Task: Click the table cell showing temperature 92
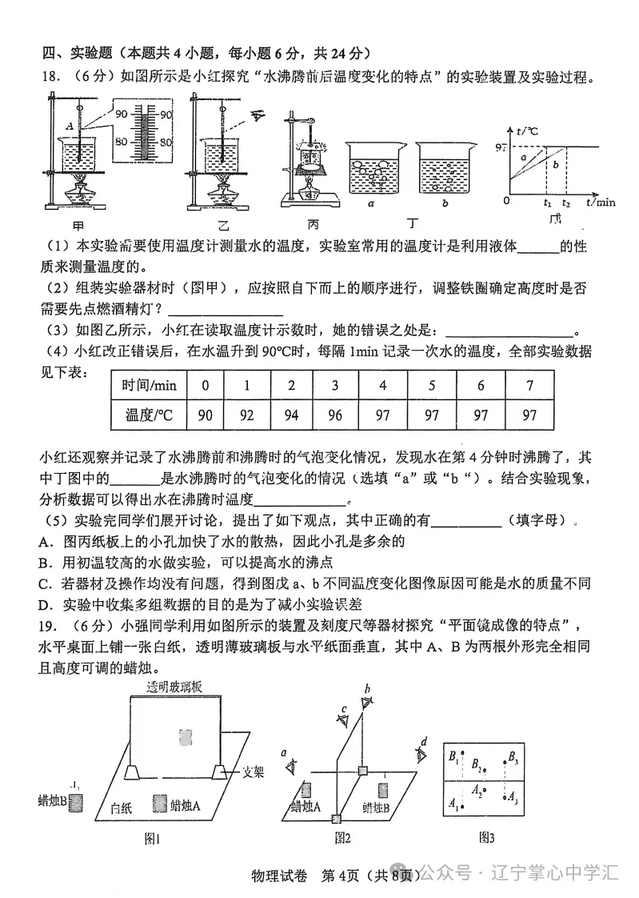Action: click(246, 415)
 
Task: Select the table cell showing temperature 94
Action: click(290, 415)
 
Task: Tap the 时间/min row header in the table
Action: click(149, 385)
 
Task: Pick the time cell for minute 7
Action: click(529, 385)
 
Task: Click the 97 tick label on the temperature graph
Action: click(501, 147)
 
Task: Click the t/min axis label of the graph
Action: click(600, 202)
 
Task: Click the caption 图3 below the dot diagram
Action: click(486, 837)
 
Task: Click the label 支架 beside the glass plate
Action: click(255, 772)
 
